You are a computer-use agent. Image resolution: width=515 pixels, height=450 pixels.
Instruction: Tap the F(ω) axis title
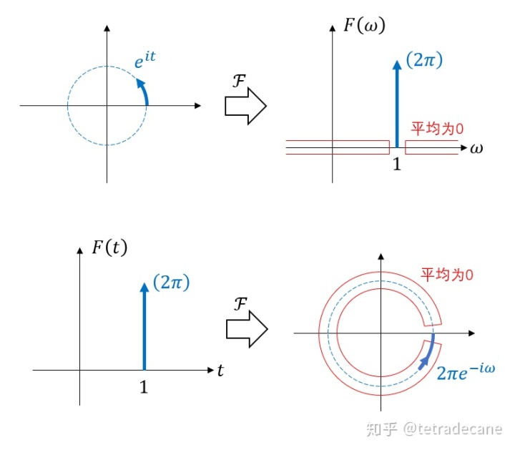tap(364, 27)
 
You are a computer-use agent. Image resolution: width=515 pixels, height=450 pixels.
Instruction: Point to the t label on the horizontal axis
tap(220, 370)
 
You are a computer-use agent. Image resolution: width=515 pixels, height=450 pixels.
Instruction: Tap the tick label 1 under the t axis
tap(144, 387)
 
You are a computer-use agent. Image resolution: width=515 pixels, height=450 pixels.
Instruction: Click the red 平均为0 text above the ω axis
tap(438, 129)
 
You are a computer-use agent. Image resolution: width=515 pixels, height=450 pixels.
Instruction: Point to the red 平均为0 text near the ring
tap(447, 274)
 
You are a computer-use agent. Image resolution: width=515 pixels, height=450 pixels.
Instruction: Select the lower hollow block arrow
tap(245, 328)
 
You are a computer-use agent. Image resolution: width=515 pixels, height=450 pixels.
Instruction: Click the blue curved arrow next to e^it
tap(144, 91)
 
